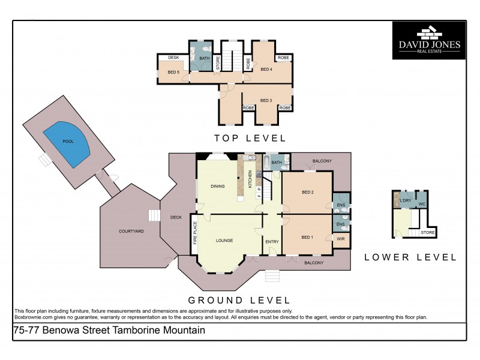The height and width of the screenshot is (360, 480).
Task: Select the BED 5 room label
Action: [x=173, y=72]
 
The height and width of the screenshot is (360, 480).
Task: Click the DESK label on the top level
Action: [x=173, y=58]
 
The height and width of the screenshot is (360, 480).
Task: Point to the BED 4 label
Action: [x=266, y=69]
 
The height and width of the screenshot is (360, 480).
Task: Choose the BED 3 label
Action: [x=266, y=100]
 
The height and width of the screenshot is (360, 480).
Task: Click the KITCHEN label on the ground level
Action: [x=250, y=178]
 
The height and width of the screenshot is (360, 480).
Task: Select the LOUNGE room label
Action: [x=224, y=241]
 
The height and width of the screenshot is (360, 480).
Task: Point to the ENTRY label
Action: [x=272, y=241]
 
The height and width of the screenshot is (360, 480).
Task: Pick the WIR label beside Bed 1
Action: [x=340, y=239]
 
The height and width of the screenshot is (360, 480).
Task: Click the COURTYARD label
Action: [x=130, y=231]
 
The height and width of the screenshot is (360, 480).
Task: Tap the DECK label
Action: [x=176, y=217]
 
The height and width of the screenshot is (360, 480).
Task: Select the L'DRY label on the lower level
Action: [x=405, y=200]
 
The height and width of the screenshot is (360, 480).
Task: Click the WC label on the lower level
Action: [x=422, y=204]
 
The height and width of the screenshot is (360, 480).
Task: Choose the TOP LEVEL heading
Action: [x=251, y=139]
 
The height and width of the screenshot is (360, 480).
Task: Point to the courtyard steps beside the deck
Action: [x=155, y=215]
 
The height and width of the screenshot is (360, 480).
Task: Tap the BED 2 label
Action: [x=307, y=192]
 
